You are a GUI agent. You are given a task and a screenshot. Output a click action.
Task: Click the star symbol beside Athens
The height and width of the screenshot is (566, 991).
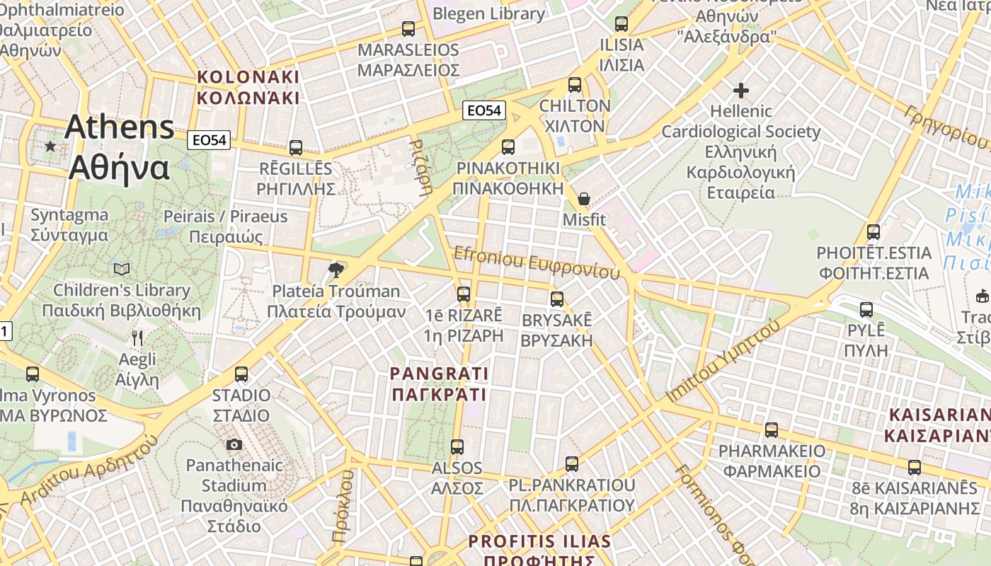pos(50,146)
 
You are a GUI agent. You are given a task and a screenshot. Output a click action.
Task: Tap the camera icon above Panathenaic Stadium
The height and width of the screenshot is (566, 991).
pos(234,444)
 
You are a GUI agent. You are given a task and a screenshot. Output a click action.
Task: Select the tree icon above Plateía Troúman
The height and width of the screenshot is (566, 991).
pos(337,270)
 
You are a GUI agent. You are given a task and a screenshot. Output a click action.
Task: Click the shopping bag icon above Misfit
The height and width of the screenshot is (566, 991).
pos(584,199)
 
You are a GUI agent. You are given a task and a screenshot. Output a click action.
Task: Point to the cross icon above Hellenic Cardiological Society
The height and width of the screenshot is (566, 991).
pos(741,91)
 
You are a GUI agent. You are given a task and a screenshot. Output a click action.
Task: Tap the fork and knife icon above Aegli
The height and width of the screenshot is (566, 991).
pos(137,338)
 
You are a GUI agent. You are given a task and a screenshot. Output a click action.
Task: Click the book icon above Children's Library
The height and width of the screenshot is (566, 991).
pos(122,269)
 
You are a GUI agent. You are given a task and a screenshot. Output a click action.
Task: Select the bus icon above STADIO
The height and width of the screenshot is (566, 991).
pos(241,374)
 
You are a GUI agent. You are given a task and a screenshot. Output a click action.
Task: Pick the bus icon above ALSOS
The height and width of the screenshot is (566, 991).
pos(457,447)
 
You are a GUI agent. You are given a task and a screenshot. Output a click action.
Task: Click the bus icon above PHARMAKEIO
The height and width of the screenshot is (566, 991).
pos(772,430)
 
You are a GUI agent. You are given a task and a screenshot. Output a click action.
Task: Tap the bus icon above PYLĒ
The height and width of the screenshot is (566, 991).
pos(866,310)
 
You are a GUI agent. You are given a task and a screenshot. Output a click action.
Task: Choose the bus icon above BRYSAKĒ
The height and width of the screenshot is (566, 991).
pos(557,299)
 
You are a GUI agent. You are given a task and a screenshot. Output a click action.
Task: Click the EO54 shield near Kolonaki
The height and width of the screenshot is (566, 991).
pos(210,140)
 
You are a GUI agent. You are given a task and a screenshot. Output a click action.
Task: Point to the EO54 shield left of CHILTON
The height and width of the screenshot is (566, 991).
pos(485,110)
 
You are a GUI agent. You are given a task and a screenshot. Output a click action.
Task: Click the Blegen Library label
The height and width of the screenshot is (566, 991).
pos(488,13)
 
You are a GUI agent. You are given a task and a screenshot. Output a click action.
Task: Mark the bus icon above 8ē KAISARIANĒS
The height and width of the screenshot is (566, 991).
pos(915,468)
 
